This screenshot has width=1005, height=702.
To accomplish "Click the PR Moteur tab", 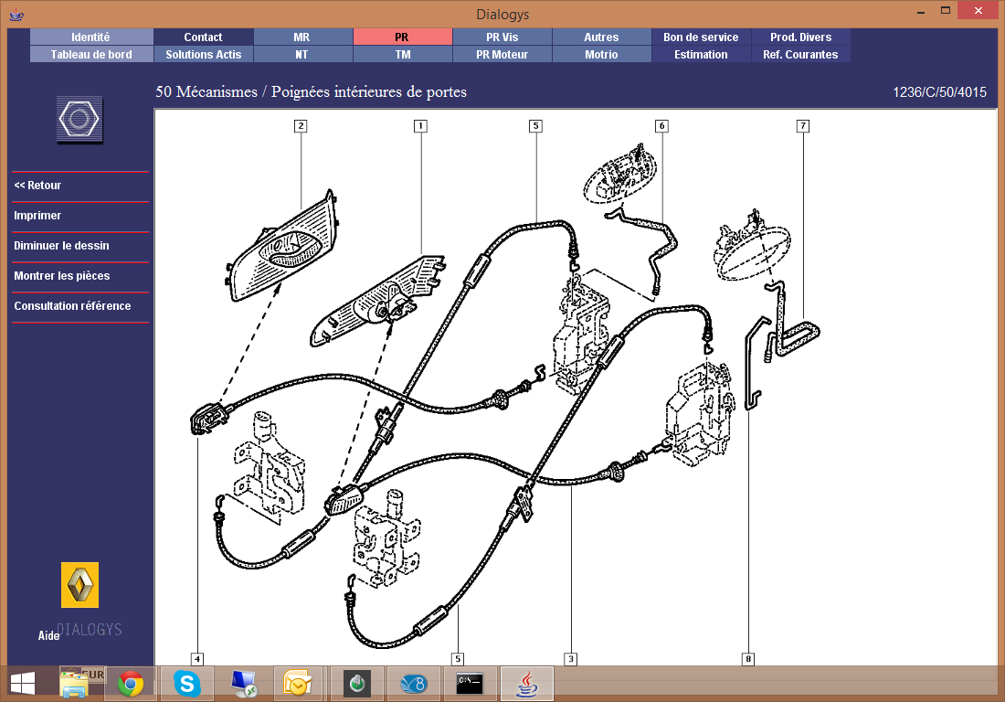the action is [x=502, y=55].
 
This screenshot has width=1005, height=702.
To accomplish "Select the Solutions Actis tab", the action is [x=203, y=55].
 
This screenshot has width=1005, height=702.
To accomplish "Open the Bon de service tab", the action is [x=701, y=37].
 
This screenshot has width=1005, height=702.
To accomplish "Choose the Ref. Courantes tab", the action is [x=800, y=55].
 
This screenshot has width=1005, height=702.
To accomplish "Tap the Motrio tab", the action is [x=601, y=55].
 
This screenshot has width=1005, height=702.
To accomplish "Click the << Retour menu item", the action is [x=37, y=186].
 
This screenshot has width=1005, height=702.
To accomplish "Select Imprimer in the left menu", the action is [x=37, y=216].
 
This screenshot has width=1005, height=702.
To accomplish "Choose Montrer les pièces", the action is [x=62, y=276].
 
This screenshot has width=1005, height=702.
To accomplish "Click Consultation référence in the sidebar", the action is [x=72, y=306].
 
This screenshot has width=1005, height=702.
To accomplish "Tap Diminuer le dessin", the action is [x=61, y=246].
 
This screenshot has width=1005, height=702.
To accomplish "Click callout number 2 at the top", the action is [x=301, y=125].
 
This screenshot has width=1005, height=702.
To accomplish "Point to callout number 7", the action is [x=802, y=125].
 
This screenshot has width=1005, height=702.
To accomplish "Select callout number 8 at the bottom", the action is [x=747, y=658].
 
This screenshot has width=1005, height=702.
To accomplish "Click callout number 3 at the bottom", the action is [x=570, y=658].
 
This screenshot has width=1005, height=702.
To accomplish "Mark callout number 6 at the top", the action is [x=661, y=125].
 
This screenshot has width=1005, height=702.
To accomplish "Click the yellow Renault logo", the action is [x=80, y=585].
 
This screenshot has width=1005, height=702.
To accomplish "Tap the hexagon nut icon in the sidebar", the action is [x=79, y=119].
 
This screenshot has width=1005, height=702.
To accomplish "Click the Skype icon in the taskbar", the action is [x=187, y=684].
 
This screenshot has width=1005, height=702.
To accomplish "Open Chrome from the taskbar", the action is [x=131, y=684].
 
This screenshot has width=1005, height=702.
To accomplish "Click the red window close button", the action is [x=979, y=10].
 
